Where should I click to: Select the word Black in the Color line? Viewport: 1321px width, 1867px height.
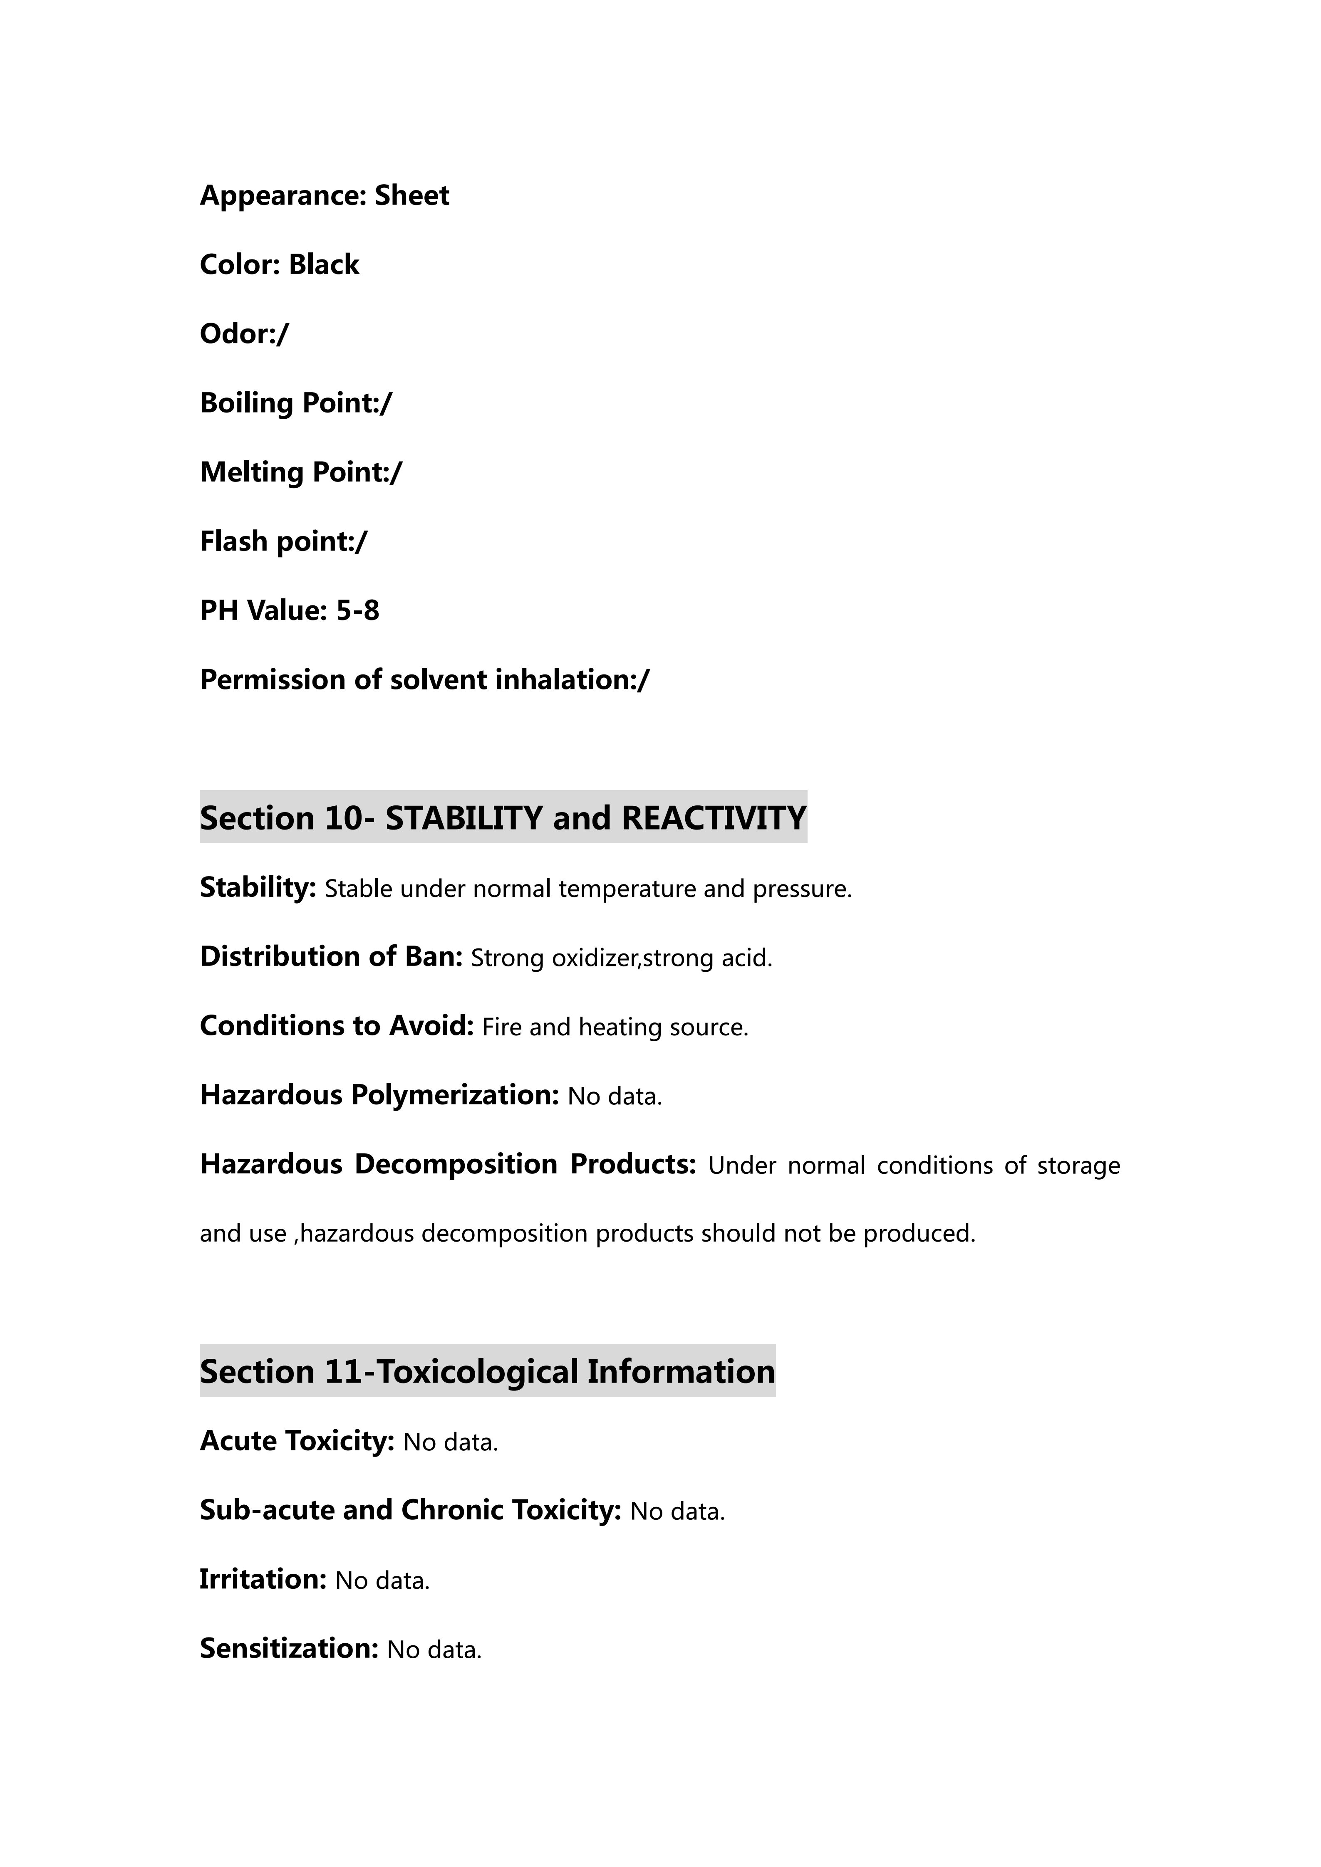click(x=324, y=265)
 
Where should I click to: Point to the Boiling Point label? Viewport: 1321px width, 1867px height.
click(x=289, y=403)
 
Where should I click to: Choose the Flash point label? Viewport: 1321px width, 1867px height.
click(x=277, y=541)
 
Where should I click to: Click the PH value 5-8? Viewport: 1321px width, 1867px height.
click(x=358, y=611)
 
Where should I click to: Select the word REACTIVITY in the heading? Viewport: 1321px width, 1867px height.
click(x=714, y=818)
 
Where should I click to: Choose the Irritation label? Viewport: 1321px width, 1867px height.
click(x=263, y=1579)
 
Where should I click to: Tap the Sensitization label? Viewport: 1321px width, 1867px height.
click(x=289, y=1648)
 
